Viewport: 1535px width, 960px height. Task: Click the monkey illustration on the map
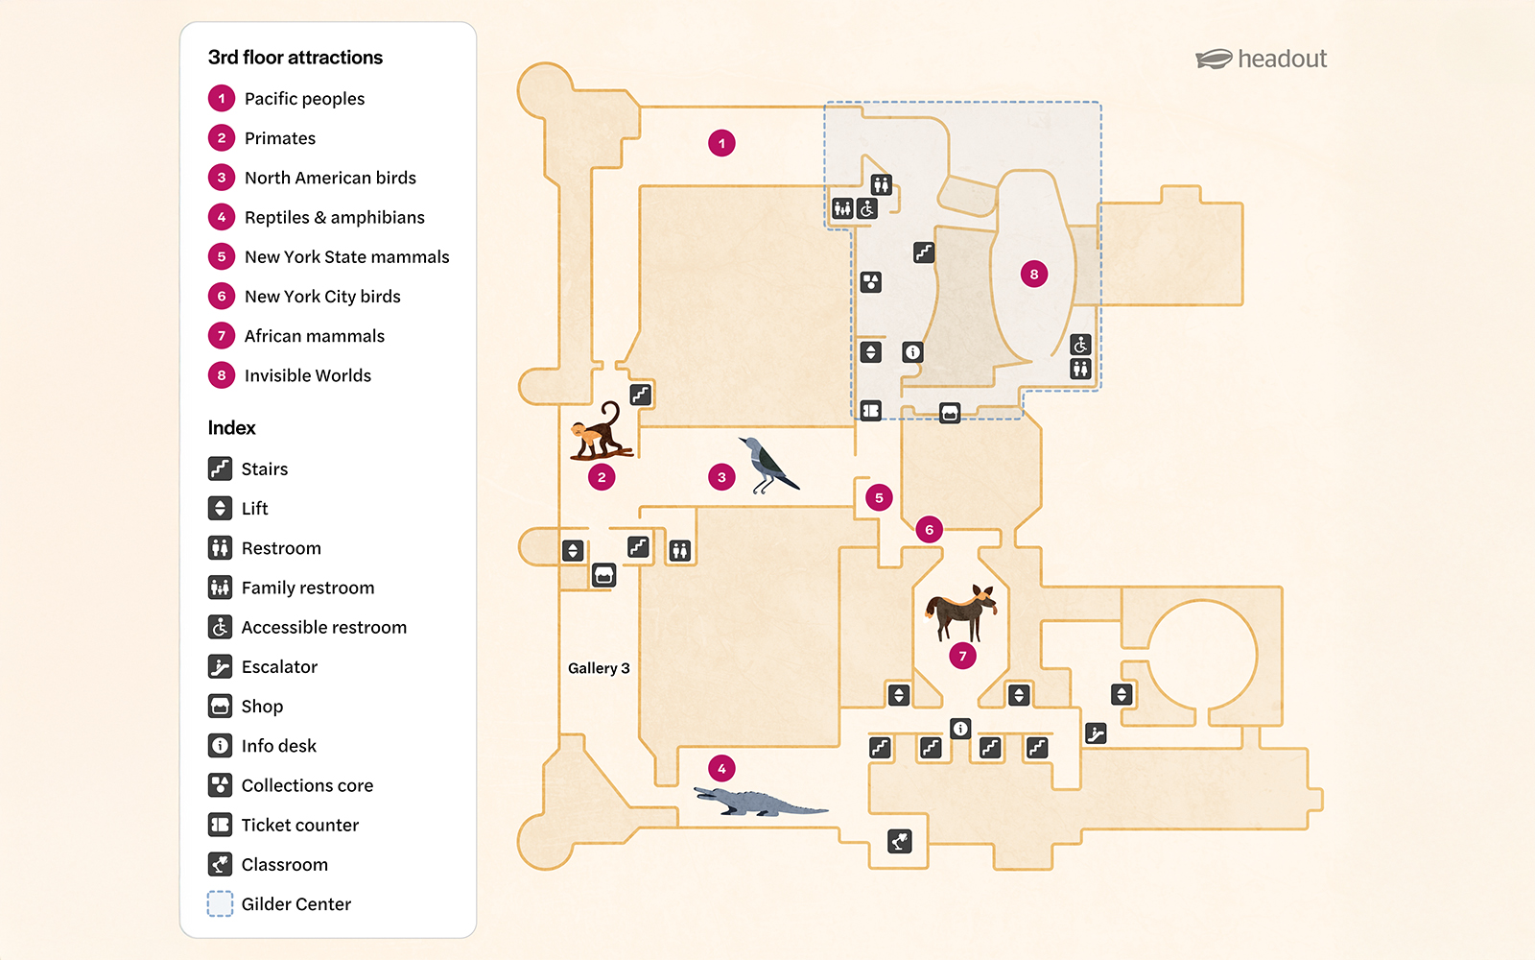click(x=601, y=432)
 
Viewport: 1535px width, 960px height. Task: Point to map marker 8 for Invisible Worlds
click(x=1033, y=275)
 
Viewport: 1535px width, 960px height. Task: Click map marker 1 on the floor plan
click(x=721, y=143)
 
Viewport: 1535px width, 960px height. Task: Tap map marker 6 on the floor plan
click(x=929, y=529)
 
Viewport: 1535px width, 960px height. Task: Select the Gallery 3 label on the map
click(x=599, y=668)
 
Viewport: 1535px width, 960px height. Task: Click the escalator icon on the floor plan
click(x=1096, y=734)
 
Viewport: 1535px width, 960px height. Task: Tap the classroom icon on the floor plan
click(x=899, y=842)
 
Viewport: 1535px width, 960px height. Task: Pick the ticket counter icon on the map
click(x=870, y=411)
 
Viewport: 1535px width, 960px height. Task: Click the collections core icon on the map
click(x=870, y=282)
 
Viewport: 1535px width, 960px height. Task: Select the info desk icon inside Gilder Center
click(x=912, y=352)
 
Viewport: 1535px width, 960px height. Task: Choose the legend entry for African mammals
click(x=314, y=336)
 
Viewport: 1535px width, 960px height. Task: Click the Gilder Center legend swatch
click(x=221, y=903)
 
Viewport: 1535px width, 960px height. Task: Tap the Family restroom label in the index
click(x=307, y=588)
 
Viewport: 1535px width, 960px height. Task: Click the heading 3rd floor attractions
click(x=295, y=58)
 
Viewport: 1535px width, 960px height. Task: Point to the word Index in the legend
click(x=232, y=428)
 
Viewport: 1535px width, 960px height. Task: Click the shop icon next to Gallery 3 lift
click(x=603, y=575)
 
